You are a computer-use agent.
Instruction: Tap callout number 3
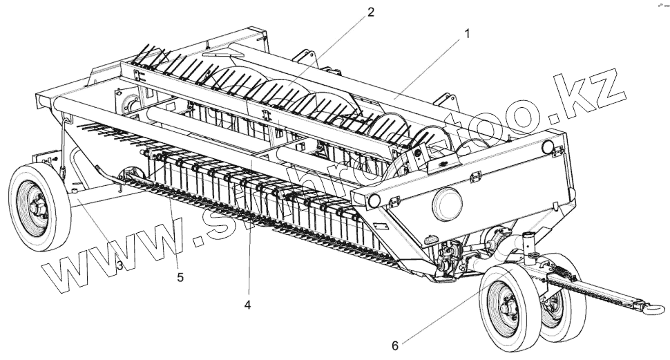click(x=119, y=265)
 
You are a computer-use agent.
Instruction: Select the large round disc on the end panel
click(x=447, y=202)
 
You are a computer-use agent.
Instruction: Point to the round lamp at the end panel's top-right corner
click(x=549, y=146)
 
